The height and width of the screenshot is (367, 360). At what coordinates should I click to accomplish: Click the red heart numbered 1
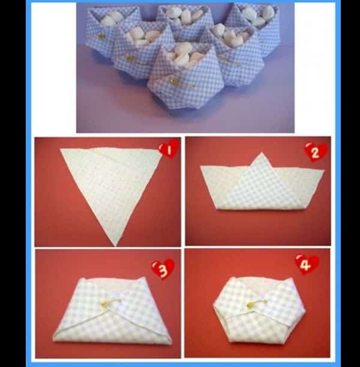(169, 149)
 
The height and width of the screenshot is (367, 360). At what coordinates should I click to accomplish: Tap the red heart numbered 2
(316, 153)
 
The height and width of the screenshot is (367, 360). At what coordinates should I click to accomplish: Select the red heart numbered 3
(163, 269)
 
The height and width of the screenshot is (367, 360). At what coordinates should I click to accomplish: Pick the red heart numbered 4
(307, 265)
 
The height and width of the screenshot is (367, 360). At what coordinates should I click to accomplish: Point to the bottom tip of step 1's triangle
(115, 246)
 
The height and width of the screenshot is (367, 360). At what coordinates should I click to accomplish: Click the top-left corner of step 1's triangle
(61, 149)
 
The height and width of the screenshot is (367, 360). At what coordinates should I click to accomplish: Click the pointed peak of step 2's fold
(262, 153)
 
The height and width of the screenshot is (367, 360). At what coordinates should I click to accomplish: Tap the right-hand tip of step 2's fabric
(324, 171)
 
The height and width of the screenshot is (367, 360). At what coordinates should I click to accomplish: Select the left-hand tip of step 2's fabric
(200, 166)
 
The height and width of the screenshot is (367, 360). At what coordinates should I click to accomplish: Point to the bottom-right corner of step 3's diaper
(170, 342)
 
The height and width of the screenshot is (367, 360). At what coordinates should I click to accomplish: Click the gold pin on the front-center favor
(174, 81)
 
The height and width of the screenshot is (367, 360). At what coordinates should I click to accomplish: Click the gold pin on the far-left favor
(101, 35)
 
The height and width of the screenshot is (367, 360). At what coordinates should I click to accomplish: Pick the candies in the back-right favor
(257, 15)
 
